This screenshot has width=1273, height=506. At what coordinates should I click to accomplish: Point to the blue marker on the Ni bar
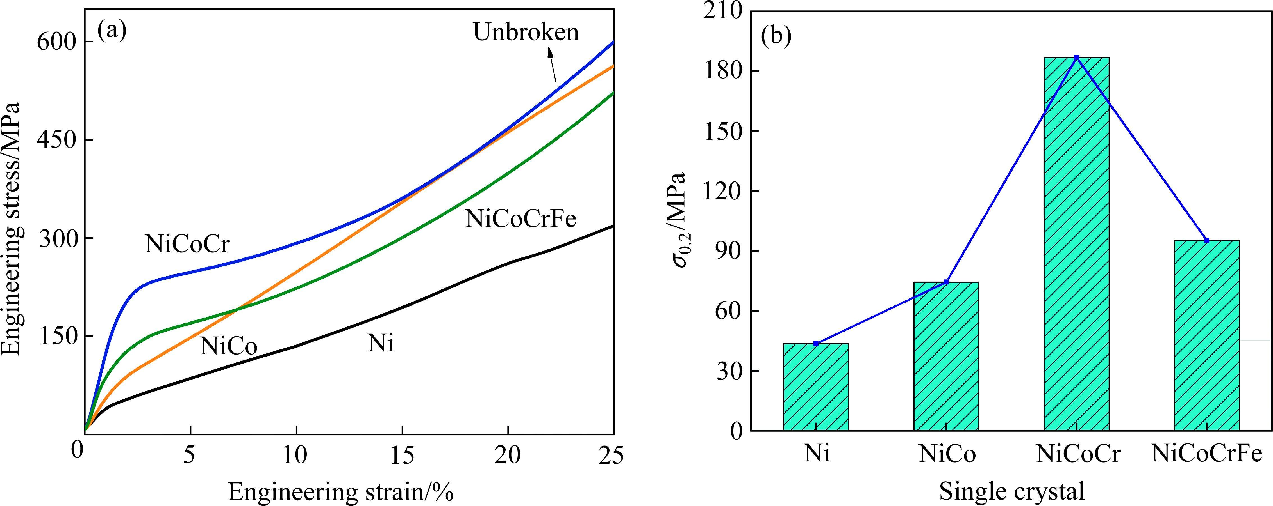(x=816, y=344)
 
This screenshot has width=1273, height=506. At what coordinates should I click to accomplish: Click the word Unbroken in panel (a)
(x=526, y=33)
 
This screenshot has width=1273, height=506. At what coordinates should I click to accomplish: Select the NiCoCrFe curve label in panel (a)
(x=520, y=219)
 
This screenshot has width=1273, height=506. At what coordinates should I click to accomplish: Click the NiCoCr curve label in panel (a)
(x=188, y=244)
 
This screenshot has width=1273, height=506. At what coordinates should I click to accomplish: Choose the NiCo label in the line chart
(x=229, y=347)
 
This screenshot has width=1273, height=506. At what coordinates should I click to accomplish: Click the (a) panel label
(x=112, y=31)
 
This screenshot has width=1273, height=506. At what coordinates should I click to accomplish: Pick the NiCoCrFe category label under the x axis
(x=1207, y=454)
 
